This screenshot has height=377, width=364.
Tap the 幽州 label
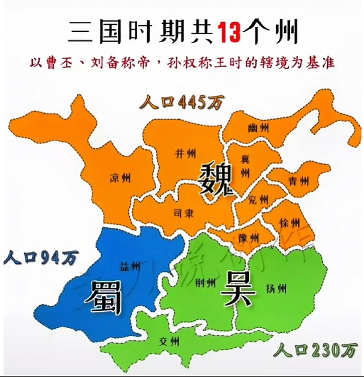(x=258, y=128)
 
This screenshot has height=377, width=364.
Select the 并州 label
(x=186, y=153)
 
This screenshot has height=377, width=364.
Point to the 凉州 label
(x=120, y=178)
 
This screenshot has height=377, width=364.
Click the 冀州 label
(x=245, y=166)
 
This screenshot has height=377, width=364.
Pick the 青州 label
(x=299, y=181)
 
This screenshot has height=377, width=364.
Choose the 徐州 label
(x=290, y=223)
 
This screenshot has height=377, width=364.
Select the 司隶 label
(x=184, y=214)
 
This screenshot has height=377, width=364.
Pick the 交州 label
(x=169, y=342)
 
